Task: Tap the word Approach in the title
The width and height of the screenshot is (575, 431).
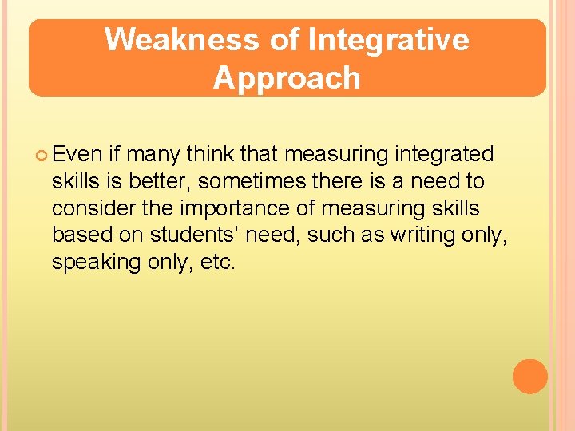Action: (287, 78)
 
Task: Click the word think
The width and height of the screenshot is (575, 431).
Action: (208, 154)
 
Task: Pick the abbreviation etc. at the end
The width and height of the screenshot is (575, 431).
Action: (219, 263)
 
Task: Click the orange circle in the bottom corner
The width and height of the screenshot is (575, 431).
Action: (529, 376)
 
